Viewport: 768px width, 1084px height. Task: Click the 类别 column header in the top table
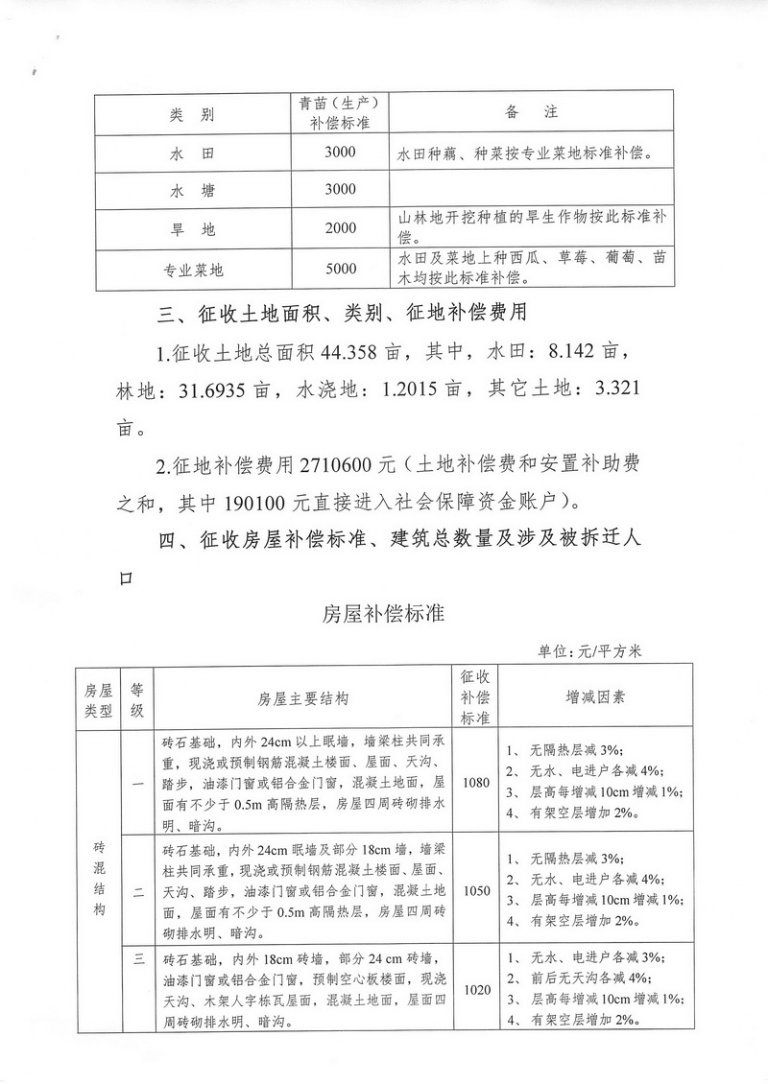pos(192,114)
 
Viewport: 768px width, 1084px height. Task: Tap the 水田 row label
pos(192,153)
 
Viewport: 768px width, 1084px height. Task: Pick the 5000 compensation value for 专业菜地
pos(340,270)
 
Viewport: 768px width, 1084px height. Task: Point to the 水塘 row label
pos(192,190)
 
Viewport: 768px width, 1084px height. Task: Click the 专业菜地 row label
pos(192,271)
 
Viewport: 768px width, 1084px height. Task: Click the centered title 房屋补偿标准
pos(383,613)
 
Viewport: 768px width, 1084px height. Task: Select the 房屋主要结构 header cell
pos(302,698)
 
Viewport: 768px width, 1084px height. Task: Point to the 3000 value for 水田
pos(340,153)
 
